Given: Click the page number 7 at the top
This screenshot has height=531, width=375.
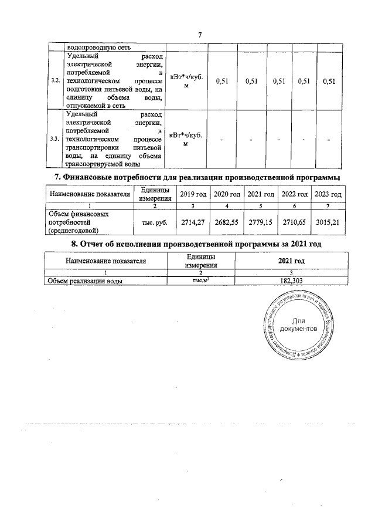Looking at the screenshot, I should [200, 35].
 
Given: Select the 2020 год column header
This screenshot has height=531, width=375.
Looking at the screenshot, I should [226, 194].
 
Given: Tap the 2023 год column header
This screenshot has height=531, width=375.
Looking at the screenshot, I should [328, 194].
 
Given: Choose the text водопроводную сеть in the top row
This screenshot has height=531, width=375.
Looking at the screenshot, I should [99, 48].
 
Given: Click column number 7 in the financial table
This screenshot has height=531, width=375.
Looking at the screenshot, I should [328, 206].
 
